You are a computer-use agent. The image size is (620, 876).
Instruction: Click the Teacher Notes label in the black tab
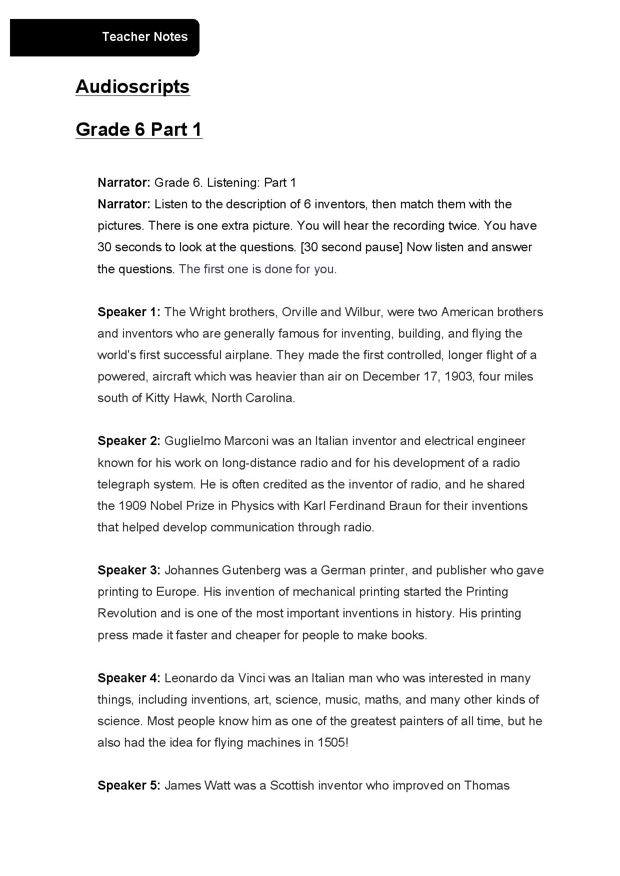[x=144, y=37]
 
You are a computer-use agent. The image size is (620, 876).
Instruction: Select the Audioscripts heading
[x=132, y=86]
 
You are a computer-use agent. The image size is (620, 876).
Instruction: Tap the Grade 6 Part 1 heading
[x=139, y=129]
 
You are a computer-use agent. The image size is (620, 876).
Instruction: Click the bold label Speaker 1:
[x=128, y=312]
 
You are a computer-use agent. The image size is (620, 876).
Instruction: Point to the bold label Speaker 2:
[x=128, y=441]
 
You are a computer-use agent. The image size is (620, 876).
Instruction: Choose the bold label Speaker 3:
[x=128, y=570]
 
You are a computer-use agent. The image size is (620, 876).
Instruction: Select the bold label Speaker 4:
[x=128, y=678]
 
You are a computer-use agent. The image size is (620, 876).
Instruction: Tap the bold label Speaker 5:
[x=128, y=786]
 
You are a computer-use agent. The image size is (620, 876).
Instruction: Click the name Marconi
[x=246, y=441]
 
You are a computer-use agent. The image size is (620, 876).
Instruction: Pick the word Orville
[x=299, y=312]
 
